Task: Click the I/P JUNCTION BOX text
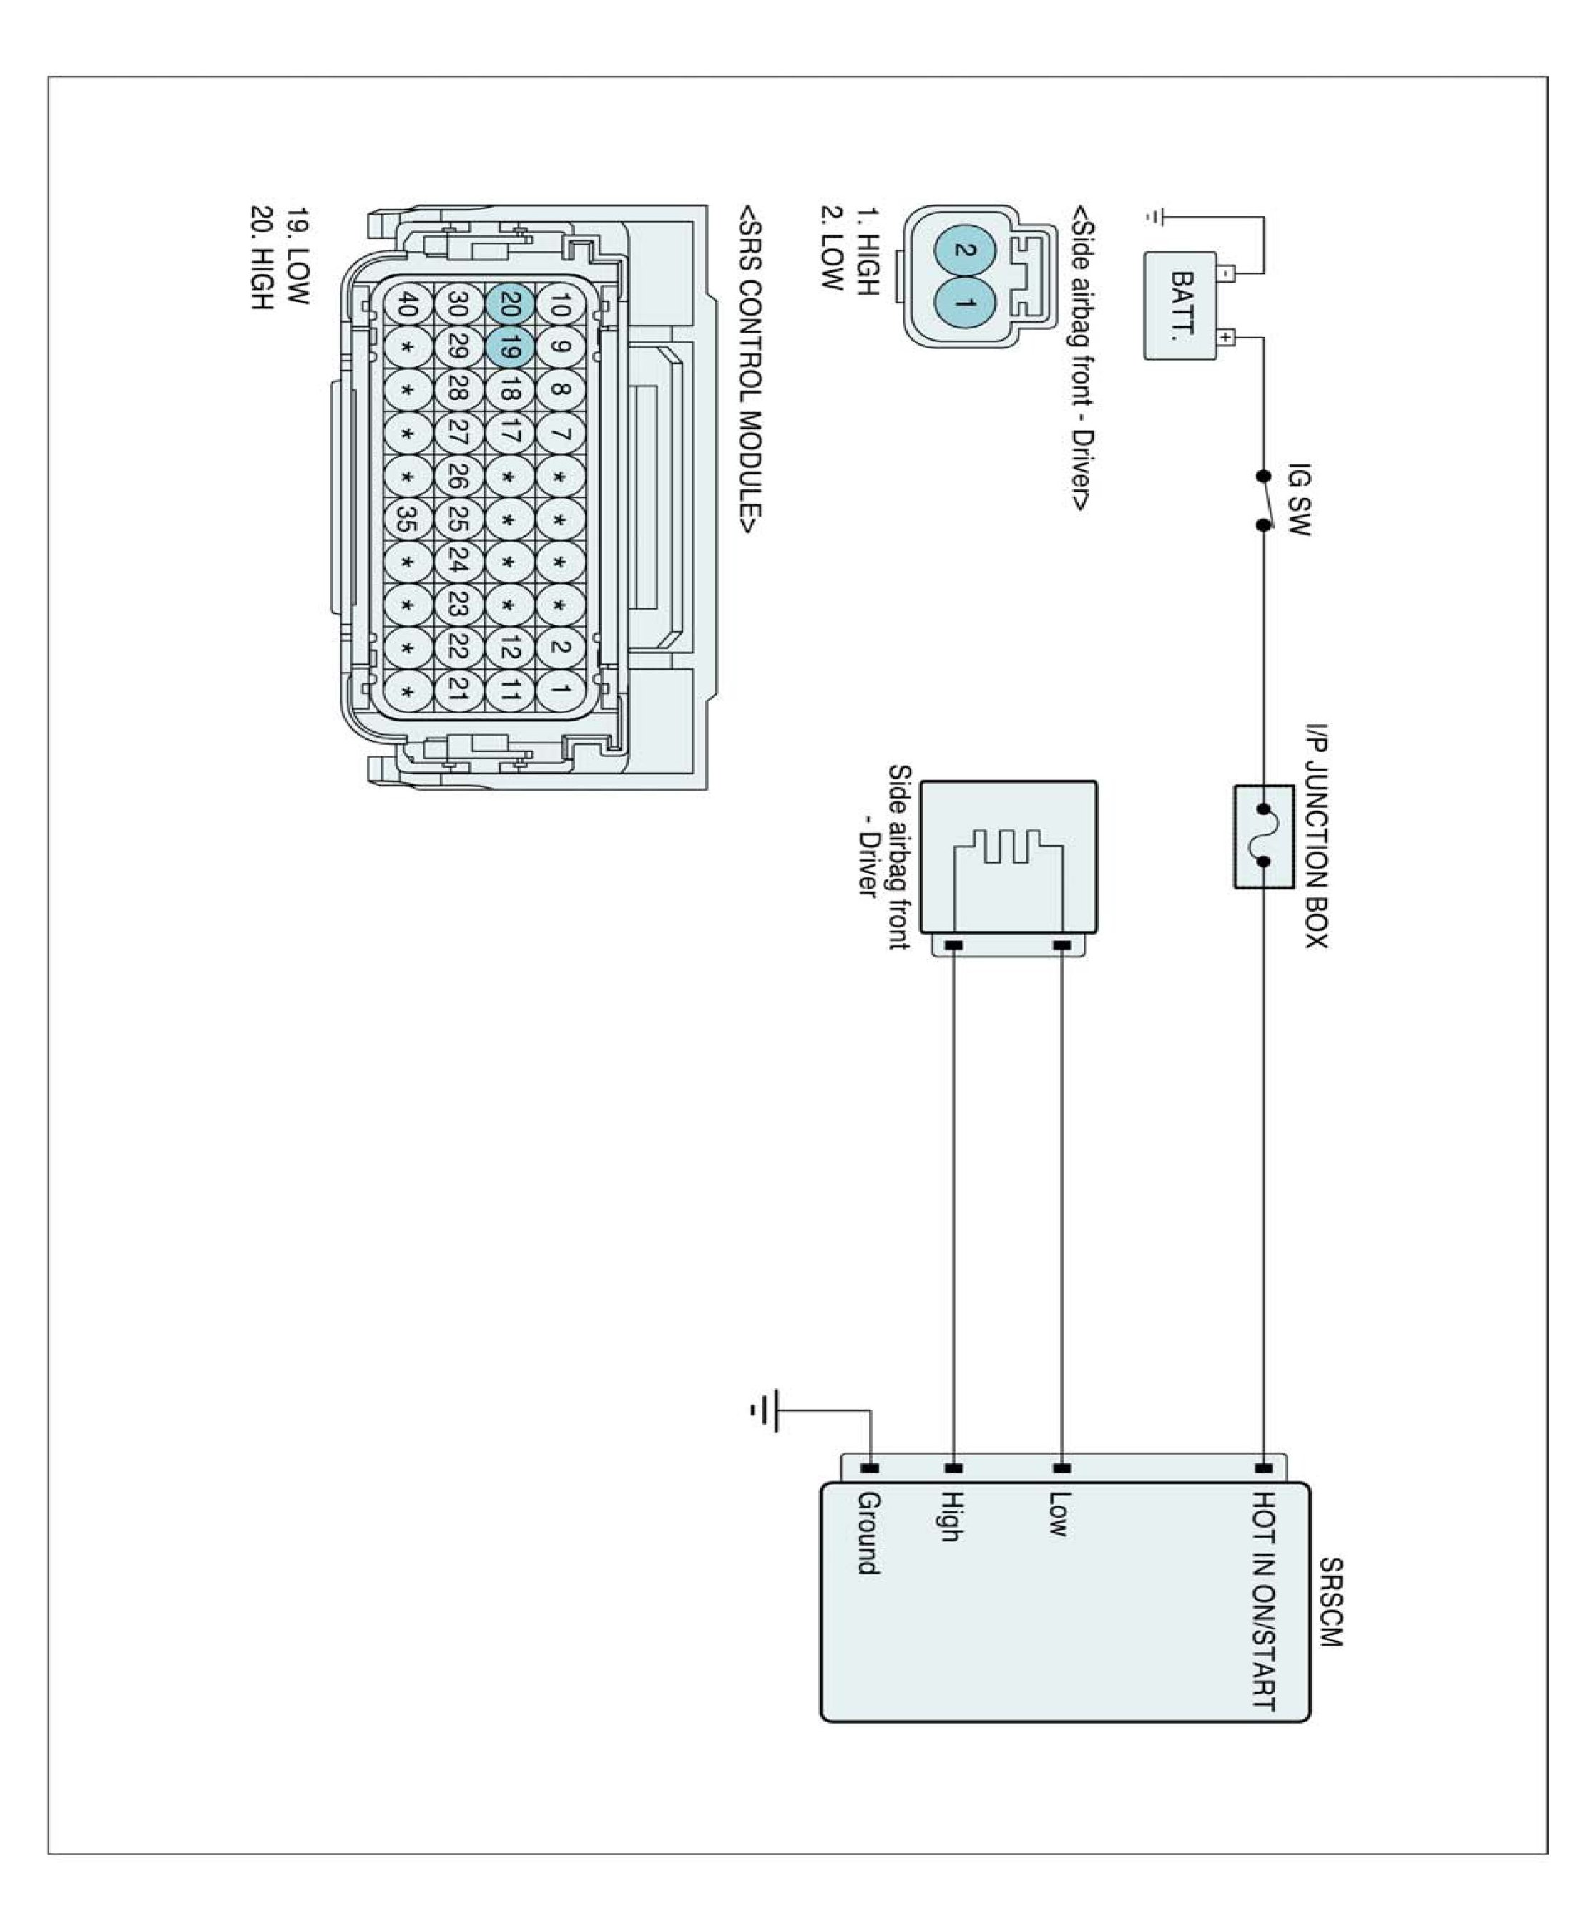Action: pyautogui.click(x=1317, y=836)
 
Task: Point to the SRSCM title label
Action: pyautogui.click(x=1330, y=1603)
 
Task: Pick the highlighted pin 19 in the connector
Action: pyautogui.click(x=511, y=348)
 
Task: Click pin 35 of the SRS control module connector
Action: pyautogui.click(x=407, y=520)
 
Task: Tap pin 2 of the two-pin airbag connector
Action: pyautogui.click(x=963, y=249)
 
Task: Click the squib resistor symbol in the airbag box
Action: pyautogui.click(x=1008, y=847)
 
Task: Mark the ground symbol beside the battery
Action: pyautogui.click(x=1155, y=218)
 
